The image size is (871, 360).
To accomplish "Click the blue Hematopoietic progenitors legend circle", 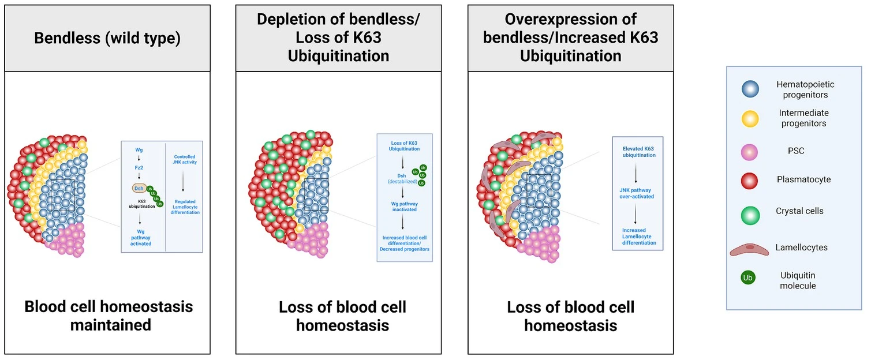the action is (x=750, y=89).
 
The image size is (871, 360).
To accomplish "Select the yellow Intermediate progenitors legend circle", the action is (x=750, y=119).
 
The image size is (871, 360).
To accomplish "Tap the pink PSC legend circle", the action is (x=749, y=152).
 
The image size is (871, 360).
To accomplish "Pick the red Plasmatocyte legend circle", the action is (x=749, y=181).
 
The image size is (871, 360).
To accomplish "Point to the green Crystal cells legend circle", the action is (x=750, y=215).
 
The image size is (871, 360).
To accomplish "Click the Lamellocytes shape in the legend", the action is (x=749, y=250).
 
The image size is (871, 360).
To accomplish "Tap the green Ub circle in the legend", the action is (x=747, y=277).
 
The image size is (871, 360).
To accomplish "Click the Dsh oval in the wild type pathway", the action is (x=139, y=189).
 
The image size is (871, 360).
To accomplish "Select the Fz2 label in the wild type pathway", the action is (x=139, y=167).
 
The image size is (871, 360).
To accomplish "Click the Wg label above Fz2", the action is (x=139, y=149).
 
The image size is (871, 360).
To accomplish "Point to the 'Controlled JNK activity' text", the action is (x=185, y=159).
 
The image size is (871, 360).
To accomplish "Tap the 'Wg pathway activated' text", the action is (x=141, y=238).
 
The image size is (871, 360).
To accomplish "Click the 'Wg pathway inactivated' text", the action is (x=405, y=207).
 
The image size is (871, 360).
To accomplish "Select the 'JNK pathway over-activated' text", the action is (x=636, y=193).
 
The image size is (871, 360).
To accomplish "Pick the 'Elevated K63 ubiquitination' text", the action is (x=638, y=152).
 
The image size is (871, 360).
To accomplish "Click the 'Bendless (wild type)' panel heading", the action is (x=107, y=38).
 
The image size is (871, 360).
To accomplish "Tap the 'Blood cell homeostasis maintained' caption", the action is (x=109, y=316).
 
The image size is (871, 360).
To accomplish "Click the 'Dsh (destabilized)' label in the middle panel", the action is (x=402, y=179).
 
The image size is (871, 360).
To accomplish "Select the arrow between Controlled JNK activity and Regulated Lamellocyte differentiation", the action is (x=183, y=181).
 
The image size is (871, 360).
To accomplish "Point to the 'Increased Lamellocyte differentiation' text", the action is (x=639, y=237).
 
